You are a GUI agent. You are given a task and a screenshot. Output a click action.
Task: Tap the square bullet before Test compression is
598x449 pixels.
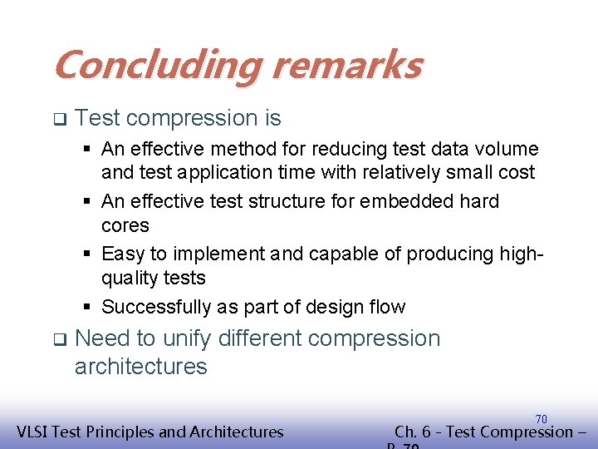59,119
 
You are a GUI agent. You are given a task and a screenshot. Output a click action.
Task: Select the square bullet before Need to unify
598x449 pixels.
59,339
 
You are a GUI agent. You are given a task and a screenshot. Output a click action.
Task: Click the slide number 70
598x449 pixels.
541,419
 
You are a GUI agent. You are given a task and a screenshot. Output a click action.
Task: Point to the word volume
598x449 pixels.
507,150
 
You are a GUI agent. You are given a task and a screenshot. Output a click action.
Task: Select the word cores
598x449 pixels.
125,226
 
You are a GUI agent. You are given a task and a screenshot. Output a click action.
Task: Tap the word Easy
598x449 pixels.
123,254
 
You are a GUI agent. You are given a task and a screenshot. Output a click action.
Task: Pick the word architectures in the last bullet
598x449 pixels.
140,367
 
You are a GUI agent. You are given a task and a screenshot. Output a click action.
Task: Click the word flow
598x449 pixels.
386,307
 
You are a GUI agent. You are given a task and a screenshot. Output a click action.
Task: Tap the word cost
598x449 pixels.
517,173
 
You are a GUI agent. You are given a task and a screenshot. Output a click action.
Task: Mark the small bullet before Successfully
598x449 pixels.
86,307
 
